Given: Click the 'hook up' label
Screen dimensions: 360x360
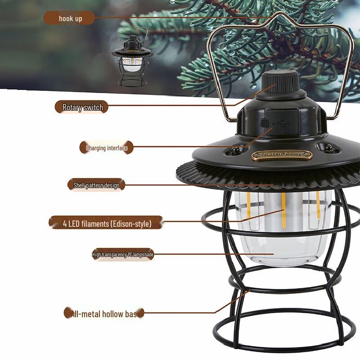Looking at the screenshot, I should point(70,18).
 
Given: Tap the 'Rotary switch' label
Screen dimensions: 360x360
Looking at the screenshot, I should point(82,107).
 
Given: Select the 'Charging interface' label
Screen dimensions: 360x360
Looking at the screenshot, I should point(107,148).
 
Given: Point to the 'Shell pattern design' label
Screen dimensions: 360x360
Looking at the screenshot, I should point(96,185).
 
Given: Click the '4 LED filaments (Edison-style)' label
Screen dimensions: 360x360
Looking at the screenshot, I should point(107,223).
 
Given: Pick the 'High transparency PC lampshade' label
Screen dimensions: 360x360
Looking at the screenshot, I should point(123,255).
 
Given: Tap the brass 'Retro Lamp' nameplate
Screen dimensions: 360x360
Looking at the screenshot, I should point(282,155).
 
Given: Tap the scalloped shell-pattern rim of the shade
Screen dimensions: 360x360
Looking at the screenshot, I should point(270,179).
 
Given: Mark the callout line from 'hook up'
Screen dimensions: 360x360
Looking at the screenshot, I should point(180,18).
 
